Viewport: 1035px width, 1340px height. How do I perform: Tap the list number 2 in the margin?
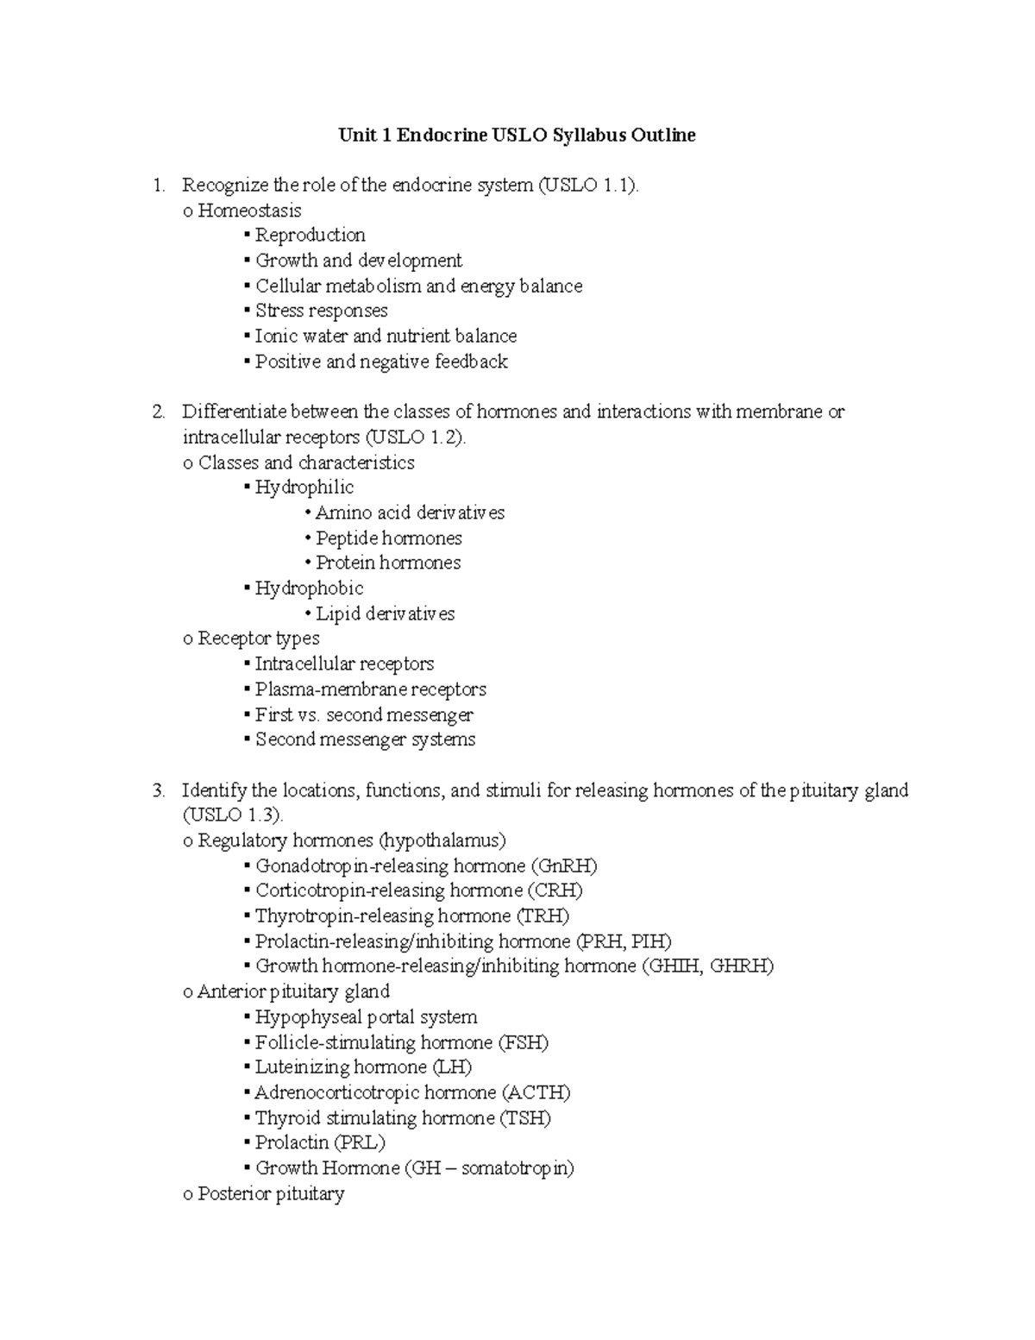tap(157, 412)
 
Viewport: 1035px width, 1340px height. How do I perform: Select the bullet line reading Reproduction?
tap(310, 235)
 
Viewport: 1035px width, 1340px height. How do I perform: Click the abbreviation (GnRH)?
tap(564, 865)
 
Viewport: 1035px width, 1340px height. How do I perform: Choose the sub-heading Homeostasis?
tap(249, 210)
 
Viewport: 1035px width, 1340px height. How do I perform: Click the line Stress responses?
tap(321, 311)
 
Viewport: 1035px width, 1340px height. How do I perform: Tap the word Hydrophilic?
tap(304, 488)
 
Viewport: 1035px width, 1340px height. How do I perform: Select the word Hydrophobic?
tap(309, 588)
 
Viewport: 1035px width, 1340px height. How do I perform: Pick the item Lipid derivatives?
tap(385, 613)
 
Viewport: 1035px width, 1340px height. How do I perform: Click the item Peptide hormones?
tap(388, 538)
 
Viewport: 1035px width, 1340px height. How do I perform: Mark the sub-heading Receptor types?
tap(258, 639)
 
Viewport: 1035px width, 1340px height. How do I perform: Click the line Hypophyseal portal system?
tap(366, 1016)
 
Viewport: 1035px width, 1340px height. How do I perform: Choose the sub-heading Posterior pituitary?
tap(271, 1193)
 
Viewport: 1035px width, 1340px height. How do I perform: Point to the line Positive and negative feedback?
tap(381, 362)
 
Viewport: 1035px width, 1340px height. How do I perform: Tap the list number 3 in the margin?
tap(157, 790)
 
